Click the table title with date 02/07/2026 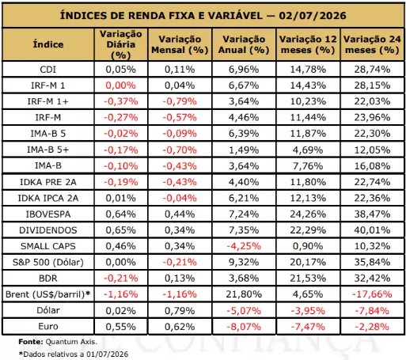[203, 15]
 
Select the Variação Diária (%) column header [121, 44]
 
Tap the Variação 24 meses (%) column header [372, 44]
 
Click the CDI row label [48, 70]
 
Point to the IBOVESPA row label [48, 214]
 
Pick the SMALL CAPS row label [48, 246]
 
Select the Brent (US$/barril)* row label [48, 294]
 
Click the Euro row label [48, 327]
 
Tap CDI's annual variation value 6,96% [244, 70]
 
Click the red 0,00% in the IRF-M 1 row [121, 85]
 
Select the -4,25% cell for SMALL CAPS [244, 246]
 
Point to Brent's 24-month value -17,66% [372, 294]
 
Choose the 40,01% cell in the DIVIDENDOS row [372, 230]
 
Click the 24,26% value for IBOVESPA [308, 214]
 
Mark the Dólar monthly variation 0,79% [180, 311]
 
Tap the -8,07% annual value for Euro [244, 327]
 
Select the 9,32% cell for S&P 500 [244, 262]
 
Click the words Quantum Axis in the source [71, 342]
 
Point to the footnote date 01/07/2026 [107, 354]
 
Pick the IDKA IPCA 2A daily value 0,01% [121, 198]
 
